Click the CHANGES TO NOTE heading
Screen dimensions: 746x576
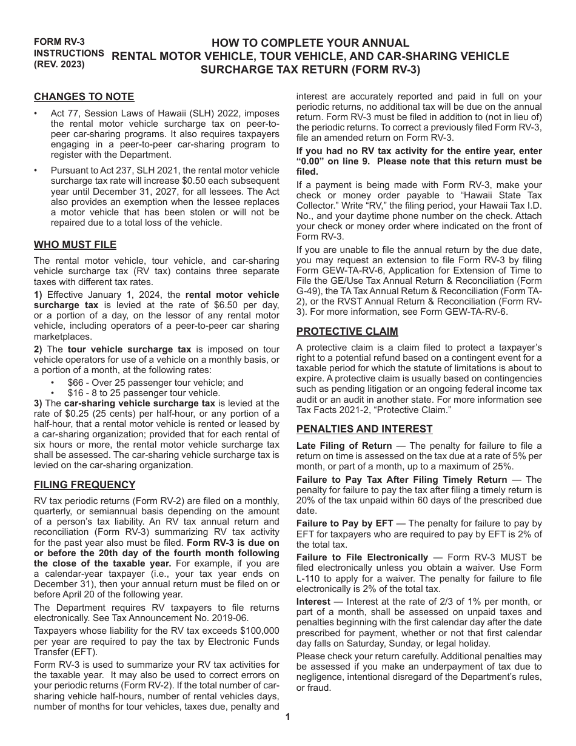pos(84,97)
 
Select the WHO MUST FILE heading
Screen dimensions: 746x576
pos(75,245)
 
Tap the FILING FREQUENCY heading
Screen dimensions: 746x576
pos(84,485)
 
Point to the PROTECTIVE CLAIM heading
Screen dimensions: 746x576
pos(347,331)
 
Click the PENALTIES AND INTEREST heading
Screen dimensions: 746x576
pos(364,429)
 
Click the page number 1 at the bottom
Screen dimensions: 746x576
pos(288,717)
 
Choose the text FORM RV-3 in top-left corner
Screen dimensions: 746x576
pos(59,42)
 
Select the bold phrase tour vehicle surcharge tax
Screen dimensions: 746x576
pos(129,349)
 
